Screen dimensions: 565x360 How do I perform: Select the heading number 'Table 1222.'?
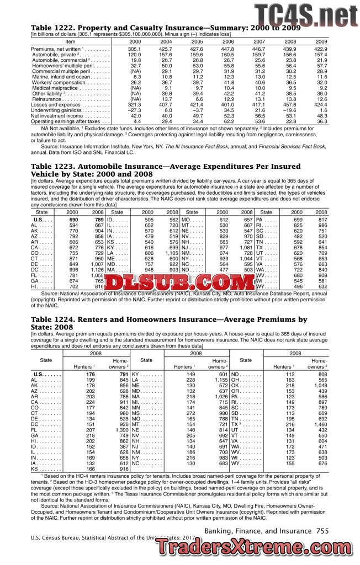[x=56, y=28]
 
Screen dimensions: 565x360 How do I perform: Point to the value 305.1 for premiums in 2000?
[x=134, y=49]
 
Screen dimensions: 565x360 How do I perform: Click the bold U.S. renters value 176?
[x=91, y=374]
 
